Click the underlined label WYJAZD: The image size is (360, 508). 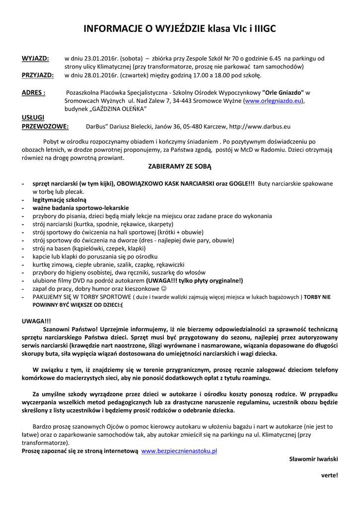[x=35, y=59]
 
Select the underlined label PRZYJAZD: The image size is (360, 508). [x=38, y=75]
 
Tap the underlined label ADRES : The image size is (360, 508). [x=34, y=93]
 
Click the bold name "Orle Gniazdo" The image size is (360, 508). [x=283, y=93]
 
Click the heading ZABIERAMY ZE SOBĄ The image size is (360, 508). [x=180, y=167]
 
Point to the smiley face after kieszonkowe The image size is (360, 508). [x=164, y=288]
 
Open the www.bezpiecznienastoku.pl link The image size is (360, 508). [x=180, y=451]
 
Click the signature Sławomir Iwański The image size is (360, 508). [x=313, y=459]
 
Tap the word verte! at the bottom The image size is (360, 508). [x=329, y=475]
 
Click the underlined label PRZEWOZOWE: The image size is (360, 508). [x=45, y=127]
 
